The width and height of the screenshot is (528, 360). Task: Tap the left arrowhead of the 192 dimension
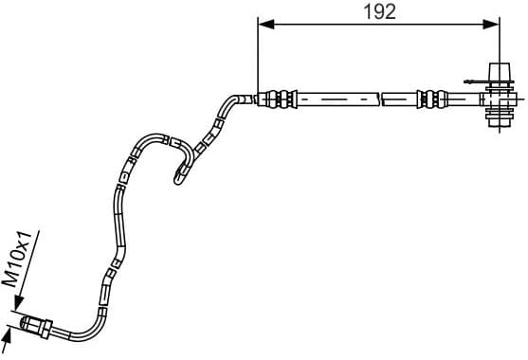click(x=264, y=27)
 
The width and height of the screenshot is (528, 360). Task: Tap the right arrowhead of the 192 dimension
click(x=494, y=27)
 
